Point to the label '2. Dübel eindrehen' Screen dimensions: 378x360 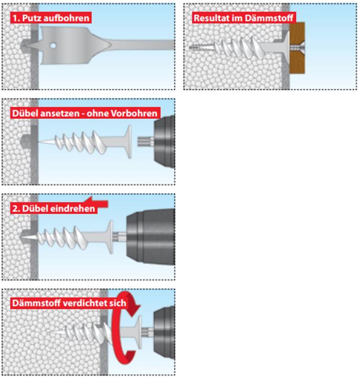click(53, 208)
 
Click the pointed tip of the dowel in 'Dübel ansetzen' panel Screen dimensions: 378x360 click(44, 142)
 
